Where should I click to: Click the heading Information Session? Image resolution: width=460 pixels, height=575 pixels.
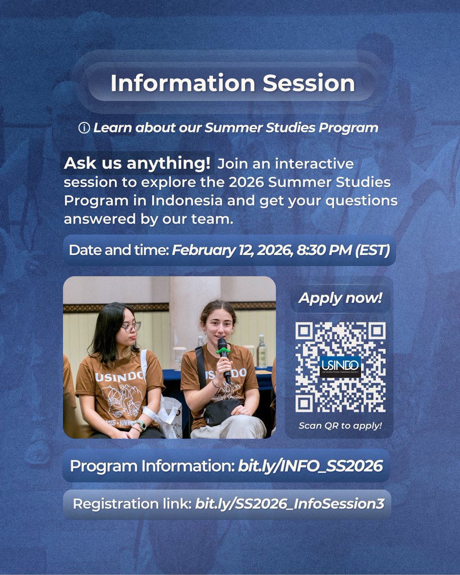pos(232,83)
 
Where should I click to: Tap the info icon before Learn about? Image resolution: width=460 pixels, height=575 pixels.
pos(84,128)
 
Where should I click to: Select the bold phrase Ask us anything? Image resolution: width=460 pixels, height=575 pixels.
pos(137,163)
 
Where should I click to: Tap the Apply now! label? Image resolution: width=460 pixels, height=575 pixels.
pos(340,298)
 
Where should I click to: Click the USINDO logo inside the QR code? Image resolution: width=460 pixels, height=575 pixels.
pos(340,367)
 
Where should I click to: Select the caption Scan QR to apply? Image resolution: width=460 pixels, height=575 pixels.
pos(340,425)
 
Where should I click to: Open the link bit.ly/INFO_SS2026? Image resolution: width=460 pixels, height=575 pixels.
pos(310,466)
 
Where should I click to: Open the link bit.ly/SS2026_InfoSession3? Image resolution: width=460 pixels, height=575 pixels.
pos(289,504)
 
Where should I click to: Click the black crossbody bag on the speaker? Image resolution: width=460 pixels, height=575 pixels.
pos(221,411)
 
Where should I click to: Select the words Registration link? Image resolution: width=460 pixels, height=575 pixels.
pos(132,504)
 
